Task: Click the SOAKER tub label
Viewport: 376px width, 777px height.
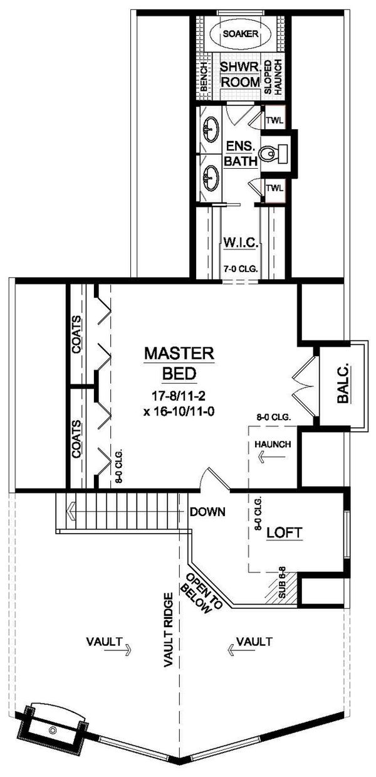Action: pos(241,34)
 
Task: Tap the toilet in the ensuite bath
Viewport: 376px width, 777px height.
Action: pos(273,154)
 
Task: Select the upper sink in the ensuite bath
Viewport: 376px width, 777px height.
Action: pos(211,130)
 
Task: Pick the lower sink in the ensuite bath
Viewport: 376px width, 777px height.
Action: pos(211,178)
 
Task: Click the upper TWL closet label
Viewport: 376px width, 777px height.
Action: pos(274,120)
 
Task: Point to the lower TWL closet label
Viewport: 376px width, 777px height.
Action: pos(274,188)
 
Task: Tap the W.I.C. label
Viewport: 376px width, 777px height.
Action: pos(241,242)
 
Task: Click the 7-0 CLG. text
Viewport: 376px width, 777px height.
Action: pos(240,268)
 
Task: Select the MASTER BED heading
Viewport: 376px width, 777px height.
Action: pos(179,363)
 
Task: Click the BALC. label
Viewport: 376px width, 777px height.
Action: pos(342,384)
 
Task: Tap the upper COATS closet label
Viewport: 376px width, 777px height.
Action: pos(77,334)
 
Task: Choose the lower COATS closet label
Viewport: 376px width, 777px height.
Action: pos(77,439)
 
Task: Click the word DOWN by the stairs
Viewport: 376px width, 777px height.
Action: pos(207,512)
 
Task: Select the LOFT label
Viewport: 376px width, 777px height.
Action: pos(284,532)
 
